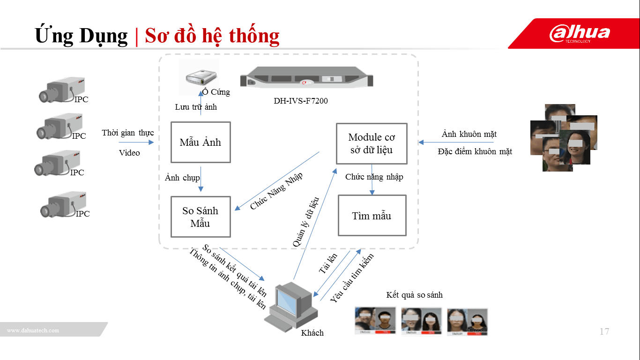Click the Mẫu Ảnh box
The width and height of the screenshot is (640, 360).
(201, 142)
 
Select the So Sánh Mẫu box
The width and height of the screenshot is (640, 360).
(201, 217)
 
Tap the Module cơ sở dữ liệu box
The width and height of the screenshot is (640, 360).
(372, 143)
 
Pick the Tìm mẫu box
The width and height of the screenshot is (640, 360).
(372, 216)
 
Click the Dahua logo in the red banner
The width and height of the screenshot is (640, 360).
(580, 33)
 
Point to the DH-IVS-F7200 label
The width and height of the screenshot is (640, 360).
(301, 100)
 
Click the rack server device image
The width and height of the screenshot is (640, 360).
(307, 77)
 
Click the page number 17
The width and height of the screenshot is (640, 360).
(604, 332)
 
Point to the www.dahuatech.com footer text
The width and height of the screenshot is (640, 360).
(33, 330)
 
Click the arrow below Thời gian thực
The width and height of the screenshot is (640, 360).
(136, 142)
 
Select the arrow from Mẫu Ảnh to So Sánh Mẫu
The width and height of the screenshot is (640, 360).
(201, 179)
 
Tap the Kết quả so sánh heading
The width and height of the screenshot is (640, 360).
(414, 295)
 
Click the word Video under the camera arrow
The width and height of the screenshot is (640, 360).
(129, 153)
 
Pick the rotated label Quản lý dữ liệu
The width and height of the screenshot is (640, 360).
(306, 222)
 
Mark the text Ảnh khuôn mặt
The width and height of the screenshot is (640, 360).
(469, 135)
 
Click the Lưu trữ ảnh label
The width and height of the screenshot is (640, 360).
(196, 107)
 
